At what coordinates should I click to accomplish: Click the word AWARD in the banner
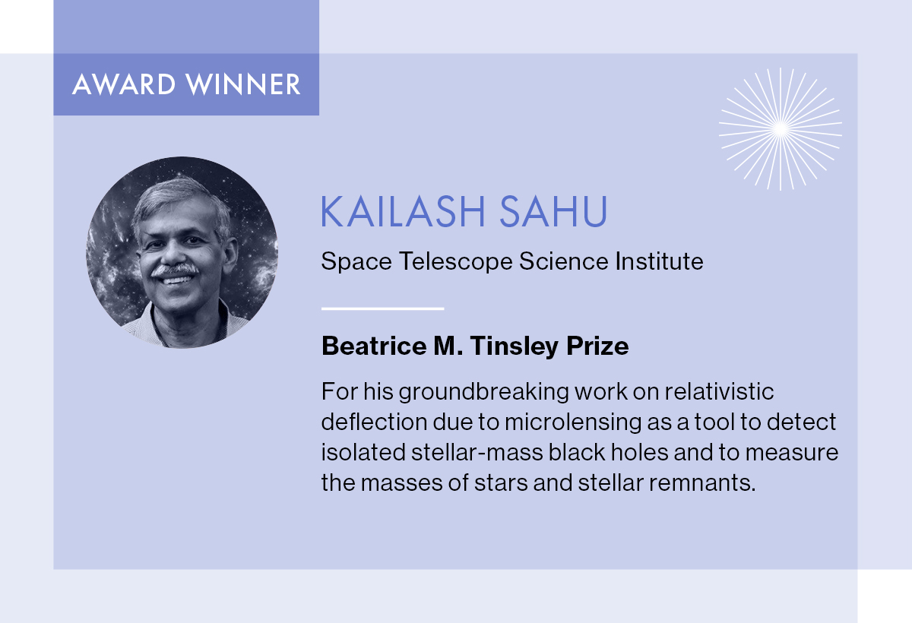[124, 84]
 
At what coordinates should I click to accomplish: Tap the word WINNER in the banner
[243, 84]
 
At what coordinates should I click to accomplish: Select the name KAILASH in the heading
[403, 212]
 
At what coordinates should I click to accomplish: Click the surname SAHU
[553, 212]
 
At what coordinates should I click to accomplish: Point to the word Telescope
[455, 261]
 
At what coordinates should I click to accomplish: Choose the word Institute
[659, 261]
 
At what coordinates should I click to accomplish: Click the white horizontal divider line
[382, 309]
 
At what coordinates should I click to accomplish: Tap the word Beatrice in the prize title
[374, 346]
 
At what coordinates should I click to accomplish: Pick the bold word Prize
[597, 346]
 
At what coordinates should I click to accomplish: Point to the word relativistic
[719, 392]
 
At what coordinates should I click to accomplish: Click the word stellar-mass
[477, 453]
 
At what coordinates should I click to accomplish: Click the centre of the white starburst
[781, 129]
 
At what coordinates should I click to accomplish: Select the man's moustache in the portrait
[175, 270]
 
